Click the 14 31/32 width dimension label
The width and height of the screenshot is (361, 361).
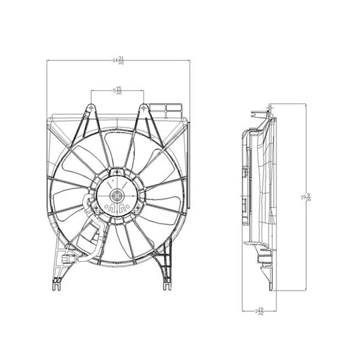pyautogui.click(x=118, y=60)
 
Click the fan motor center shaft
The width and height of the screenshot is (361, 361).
pyautogui.click(x=117, y=196)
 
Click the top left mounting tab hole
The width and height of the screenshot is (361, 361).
pyautogui.click(x=91, y=108)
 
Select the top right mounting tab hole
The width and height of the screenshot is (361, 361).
pyautogui.click(x=144, y=108)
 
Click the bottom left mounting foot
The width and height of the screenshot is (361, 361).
pyautogui.click(x=56, y=284)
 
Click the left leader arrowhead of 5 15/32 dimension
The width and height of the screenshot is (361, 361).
pyautogui.click(x=91, y=91)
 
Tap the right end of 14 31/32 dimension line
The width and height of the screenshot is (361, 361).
pyautogui.click(x=190, y=60)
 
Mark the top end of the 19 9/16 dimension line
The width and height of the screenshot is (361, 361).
pyautogui.click(x=306, y=105)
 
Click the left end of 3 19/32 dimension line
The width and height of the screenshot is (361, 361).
pyautogui.click(x=243, y=311)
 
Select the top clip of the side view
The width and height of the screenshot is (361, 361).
pyautogui.click(x=259, y=113)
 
